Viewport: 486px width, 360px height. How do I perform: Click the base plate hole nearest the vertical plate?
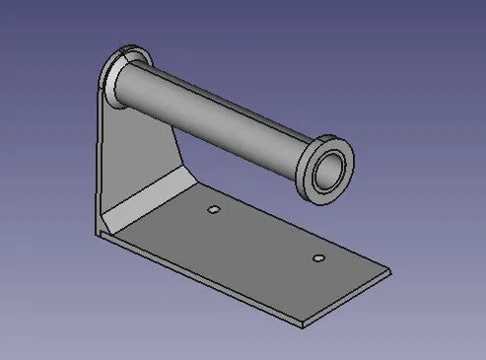pyautogui.click(x=213, y=211)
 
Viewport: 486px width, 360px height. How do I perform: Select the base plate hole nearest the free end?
pyautogui.click(x=317, y=258)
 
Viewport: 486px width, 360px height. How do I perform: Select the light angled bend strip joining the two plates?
pyautogui.click(x=148, y=198)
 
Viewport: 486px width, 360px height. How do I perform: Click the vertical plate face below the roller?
pyautogui.click(x=138, y=148)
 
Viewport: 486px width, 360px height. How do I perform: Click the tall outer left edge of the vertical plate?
pyautogui.click(x=99, y=158)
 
